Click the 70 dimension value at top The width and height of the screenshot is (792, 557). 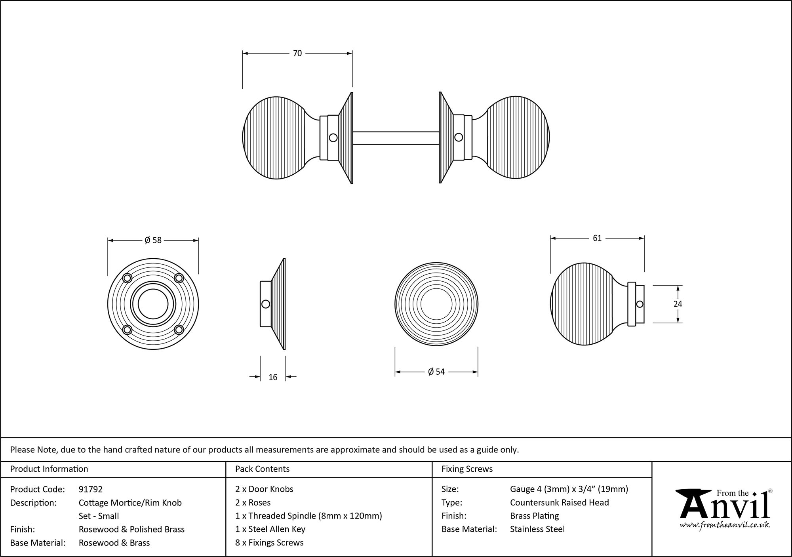pos(297,53)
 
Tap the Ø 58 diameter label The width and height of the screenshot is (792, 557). pos(153,240)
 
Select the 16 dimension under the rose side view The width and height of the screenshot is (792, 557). pos(273,377)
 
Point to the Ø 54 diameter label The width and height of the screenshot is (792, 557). pos(436,372)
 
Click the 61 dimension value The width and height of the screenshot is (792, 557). pos(597,238)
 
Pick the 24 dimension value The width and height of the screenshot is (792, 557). pos(678,304)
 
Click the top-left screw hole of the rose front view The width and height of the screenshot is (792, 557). pos(127,278)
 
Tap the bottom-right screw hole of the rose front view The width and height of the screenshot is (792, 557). pos(179,329)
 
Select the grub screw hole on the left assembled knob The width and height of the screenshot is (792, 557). pos(333,137)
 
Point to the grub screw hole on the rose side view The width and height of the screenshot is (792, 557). pos(266,304)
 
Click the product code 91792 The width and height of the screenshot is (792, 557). pos(91,489)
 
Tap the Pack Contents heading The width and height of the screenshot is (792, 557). pos(262,469)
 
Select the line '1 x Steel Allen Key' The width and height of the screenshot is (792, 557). pos(270,529)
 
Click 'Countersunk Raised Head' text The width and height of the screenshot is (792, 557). pos(559,503)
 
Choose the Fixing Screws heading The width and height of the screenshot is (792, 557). pos(467,469)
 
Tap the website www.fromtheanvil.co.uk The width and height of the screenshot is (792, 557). pos(724,525)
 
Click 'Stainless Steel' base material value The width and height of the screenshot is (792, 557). pos(537,529)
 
